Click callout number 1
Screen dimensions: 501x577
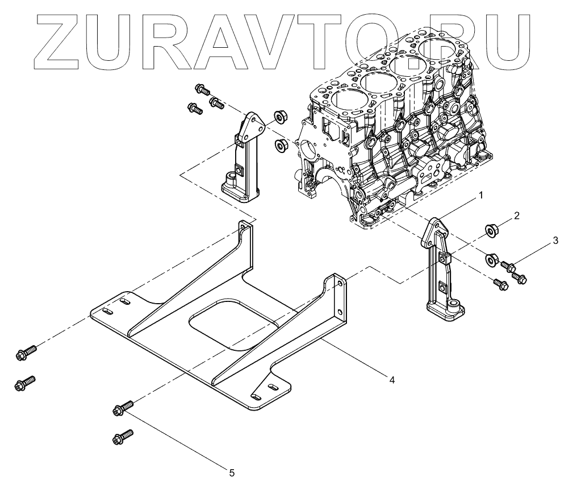tap(480, 195)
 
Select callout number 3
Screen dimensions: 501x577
tap(555, 241)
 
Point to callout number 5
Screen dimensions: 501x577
tap(231, 472)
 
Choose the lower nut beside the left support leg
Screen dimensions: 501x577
tap(280, 146)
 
